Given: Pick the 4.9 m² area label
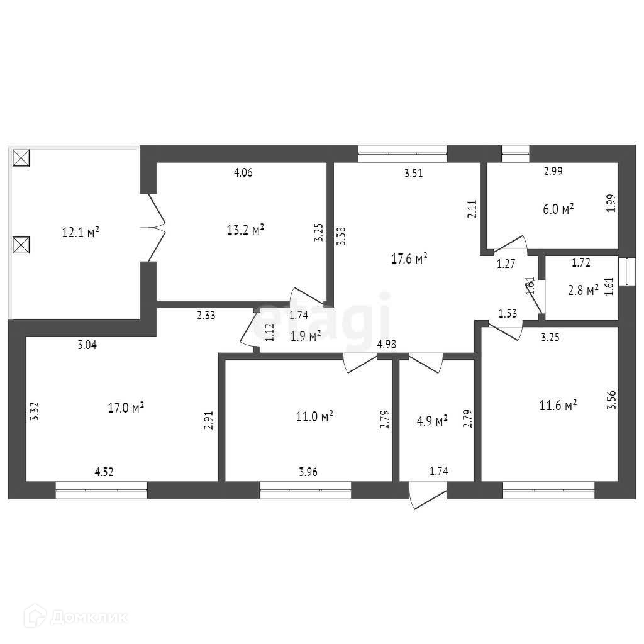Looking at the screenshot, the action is click(x=432, y=419).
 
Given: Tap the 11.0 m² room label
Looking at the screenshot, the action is click(x=314, y=416).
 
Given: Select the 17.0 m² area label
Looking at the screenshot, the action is click(x=126, y=408).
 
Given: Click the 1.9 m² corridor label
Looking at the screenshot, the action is click(x=306, y=335).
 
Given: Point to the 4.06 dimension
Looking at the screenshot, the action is click(x=243, y=174).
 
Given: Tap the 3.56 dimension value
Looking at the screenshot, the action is click(x=611, y=401).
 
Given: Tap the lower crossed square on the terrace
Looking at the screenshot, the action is click(x=21, y=243).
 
